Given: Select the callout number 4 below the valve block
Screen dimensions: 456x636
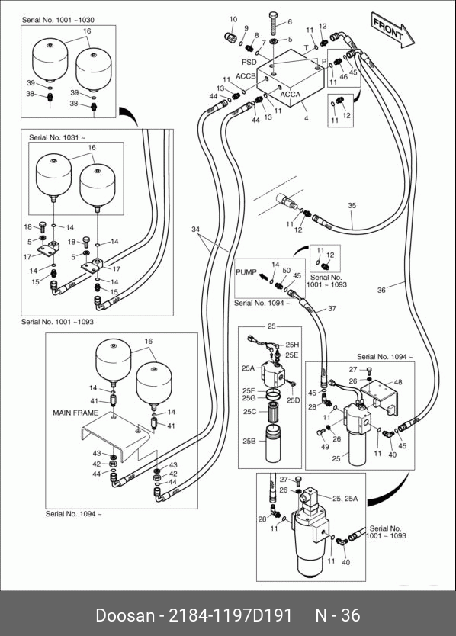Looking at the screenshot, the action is click(x=307, y=118).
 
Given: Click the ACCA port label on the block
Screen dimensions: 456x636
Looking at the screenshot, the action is click(x=290, y=94).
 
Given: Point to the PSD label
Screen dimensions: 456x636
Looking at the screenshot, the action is click(x=249, y=62).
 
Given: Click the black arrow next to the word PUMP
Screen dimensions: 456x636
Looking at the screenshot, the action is click(x=264, y=277).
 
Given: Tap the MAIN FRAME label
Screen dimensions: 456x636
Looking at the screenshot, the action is click(x=75, y=413).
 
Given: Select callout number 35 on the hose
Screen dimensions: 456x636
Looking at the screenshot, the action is click(x=352, y=205).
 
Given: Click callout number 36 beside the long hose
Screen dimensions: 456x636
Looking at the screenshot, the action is click(x=381, y=290).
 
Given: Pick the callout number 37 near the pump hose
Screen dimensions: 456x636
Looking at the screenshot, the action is click(x=332, y=308).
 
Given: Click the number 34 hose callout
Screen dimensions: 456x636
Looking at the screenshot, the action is click(x=195, y=230).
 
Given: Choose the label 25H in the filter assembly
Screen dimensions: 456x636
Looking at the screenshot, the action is click(x=292, y=345).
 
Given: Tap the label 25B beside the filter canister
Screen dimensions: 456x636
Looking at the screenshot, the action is click(x=249, y=441).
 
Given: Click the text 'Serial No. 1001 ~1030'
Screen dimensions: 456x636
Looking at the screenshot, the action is click(x=58, y=20).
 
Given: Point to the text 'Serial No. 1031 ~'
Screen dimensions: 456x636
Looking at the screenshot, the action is click(x=57, y=137).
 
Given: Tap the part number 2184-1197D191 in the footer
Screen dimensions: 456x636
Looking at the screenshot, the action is click(x=230, y=615).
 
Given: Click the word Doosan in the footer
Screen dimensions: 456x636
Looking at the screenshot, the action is click(x=125, y=615).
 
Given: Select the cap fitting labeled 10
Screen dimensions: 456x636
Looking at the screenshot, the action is click(x=230, y=37).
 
